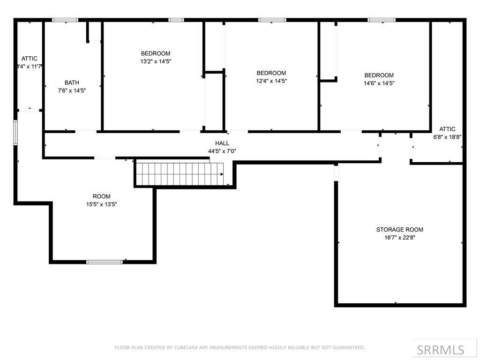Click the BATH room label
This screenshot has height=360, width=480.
(x=72, y=82)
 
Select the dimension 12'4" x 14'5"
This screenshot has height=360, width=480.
(x=271, y=81)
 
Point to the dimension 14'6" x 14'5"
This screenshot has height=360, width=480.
(x=379, y=83)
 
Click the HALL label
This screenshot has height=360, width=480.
(x=222, y=143)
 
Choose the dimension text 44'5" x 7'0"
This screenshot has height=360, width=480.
(x=222, y=151)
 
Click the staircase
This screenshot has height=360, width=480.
(x=179, y=174)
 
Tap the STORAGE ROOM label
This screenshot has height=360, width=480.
(x=399, y=230)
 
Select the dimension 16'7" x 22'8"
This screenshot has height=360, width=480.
(x=399, y=238)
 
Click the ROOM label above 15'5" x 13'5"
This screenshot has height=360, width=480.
(x=101, y=196)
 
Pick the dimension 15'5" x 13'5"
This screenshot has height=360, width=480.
(x=101, y=204)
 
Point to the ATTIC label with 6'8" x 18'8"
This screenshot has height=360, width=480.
(x=447, y=129)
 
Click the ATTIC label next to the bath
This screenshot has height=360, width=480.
(x=30, y=59)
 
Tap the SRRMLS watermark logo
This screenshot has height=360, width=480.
(x=440, y=350)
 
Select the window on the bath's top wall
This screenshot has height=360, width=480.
(x=65, y=20)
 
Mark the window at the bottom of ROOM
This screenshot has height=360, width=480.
(x=105, y=262)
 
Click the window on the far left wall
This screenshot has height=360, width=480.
(x=15, y=132)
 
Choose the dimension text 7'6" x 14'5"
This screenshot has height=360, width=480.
(x=72, y=90)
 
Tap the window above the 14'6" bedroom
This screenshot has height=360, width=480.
(x=381, y=20)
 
